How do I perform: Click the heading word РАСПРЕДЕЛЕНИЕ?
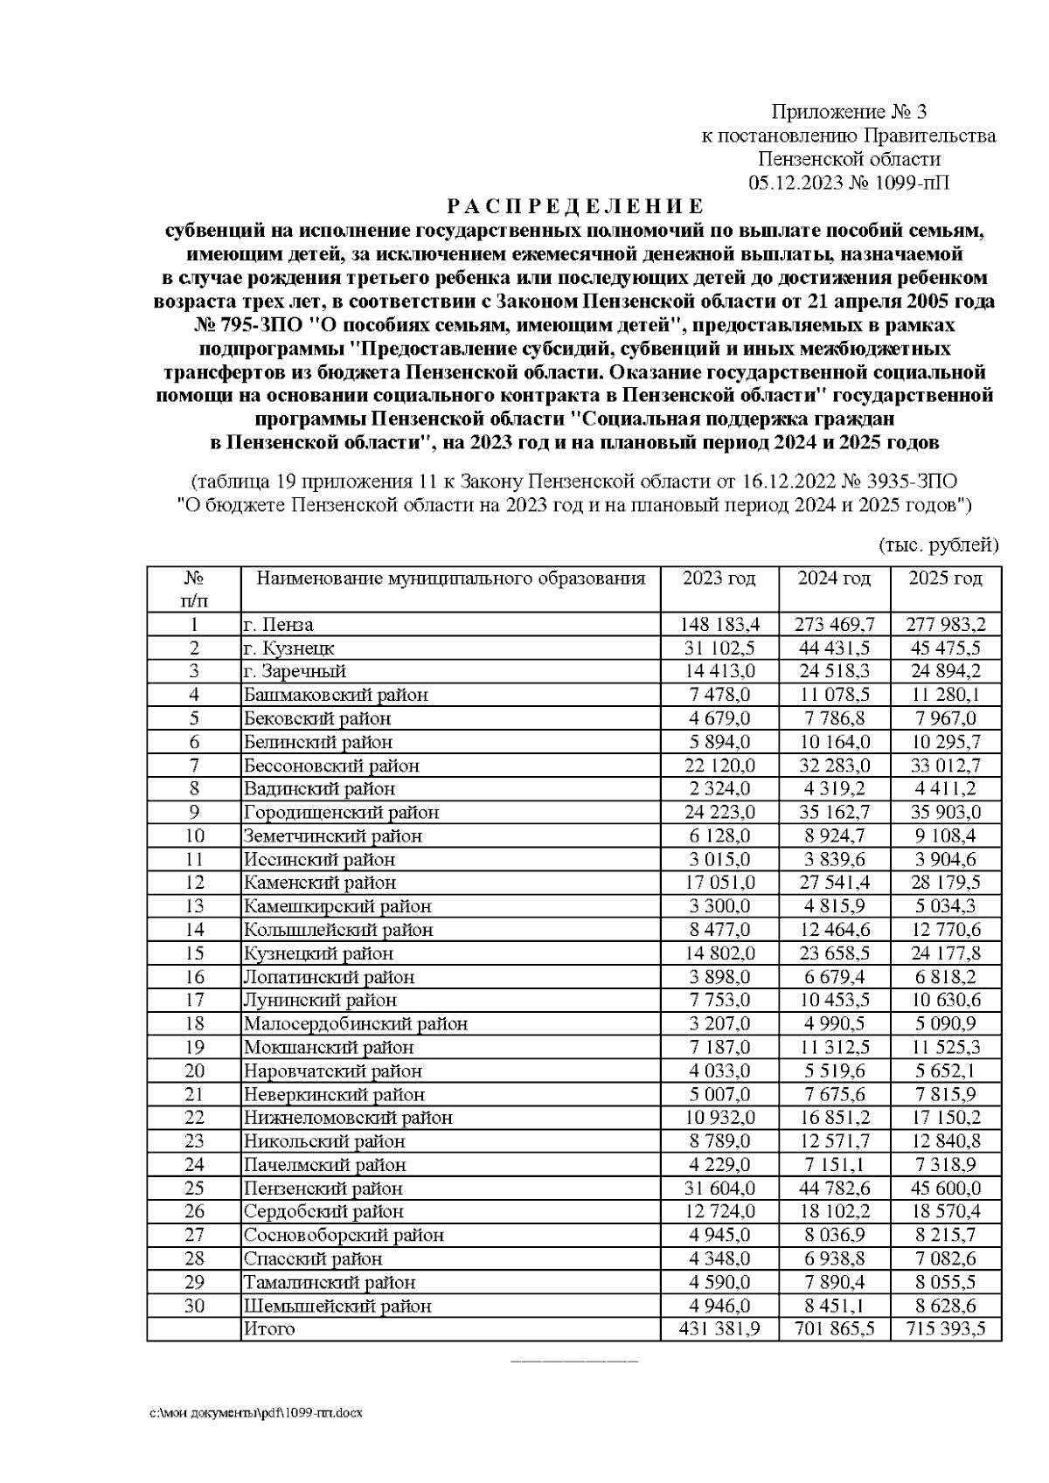pyautogui.click(x=574, y=207)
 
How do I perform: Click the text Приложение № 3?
pyautogui.click(x=848, y=112)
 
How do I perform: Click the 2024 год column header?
pyautogui.click(x=834, y=579)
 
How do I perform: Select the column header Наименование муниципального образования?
pyautogui.click(x=450, y=579)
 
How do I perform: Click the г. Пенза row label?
pyautogui.click(x=278, y=625)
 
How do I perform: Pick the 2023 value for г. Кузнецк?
pyautogui.click(x=718, y=648)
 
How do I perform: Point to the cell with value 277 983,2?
pyautogui.click(x=945, y=625)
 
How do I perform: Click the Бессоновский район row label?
pyautogui.click(x=331, y=766)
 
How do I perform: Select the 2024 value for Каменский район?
pyautogui.click(x=834, y=883)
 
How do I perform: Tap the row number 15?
pyautogui.click(x=194, y=953)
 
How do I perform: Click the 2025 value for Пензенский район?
pyautogui.click(x=945, y=1188)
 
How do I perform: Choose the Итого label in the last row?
pyautogui.click(x=269, y=1329)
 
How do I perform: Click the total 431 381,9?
pyautogui.click(x=718, y=1329)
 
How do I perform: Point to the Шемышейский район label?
pyautogui.click(x=337, y=1306)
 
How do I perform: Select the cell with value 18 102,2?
pyautogui.click(x=834, y=1212)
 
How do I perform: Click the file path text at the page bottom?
pyautogui.click(x=254, y=1413)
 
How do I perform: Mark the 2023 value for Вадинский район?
pyautogui.click(x=718, y=789)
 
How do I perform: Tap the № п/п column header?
pyautogui.click(x=194, y=589)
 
